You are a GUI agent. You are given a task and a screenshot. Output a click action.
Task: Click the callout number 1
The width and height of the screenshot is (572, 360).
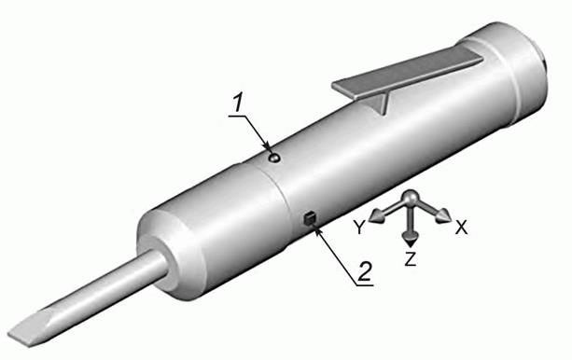click(238, 103)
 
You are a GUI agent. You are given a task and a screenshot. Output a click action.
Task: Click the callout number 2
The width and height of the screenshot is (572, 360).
click(365, 271)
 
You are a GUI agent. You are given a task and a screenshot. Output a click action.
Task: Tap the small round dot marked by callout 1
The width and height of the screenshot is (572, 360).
click(274, 158)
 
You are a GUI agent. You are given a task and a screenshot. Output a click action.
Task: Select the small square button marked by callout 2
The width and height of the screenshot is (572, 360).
click(309, 218)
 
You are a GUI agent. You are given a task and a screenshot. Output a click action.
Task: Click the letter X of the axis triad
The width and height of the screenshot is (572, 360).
click(462, 228)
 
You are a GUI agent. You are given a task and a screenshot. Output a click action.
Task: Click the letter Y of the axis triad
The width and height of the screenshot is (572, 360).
click(359, 228)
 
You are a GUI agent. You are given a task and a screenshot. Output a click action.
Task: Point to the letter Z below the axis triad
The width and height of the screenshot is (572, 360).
click(411, 259)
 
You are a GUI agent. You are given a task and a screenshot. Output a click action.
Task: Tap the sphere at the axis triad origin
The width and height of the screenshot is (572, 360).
click(412, 198)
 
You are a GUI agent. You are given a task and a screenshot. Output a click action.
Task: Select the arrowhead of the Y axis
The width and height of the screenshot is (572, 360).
click(376, 216)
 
